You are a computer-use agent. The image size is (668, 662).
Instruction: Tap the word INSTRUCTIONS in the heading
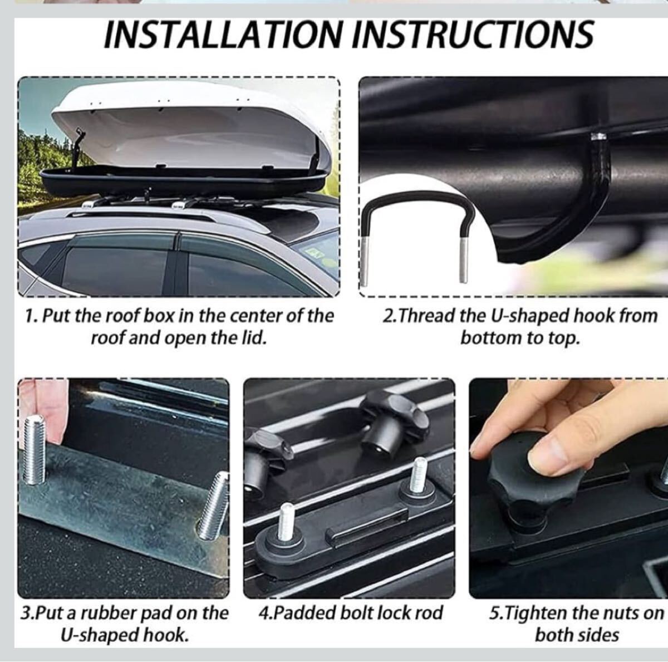pos(473,35)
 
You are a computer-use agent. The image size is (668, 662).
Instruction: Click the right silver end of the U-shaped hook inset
pos(464,260)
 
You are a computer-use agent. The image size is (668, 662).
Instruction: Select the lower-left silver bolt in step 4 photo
pos(287,520)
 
